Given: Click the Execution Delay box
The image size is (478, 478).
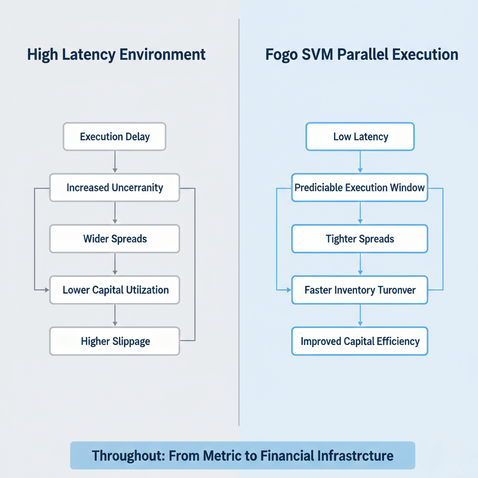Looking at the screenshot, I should click(114, 137).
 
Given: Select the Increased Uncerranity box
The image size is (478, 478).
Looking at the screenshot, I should click(114, 188).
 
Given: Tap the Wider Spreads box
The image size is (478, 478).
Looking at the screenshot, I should click(114, 239).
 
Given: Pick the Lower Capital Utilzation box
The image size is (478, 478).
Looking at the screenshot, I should click(114, 290).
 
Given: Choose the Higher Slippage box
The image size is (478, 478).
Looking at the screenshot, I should click(114, 341).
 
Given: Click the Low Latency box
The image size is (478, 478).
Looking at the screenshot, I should click(360, 137).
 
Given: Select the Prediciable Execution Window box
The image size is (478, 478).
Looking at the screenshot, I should click(360, 188).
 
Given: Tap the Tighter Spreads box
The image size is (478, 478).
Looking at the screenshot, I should click(360, 239).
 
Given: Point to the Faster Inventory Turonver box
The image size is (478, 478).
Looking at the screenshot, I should click(360, 290).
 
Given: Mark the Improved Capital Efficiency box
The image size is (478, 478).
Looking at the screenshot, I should click(360, 341).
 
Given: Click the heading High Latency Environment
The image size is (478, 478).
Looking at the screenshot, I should click(116, 54).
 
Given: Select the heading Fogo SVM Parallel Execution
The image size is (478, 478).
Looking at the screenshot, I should click(362, 54).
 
